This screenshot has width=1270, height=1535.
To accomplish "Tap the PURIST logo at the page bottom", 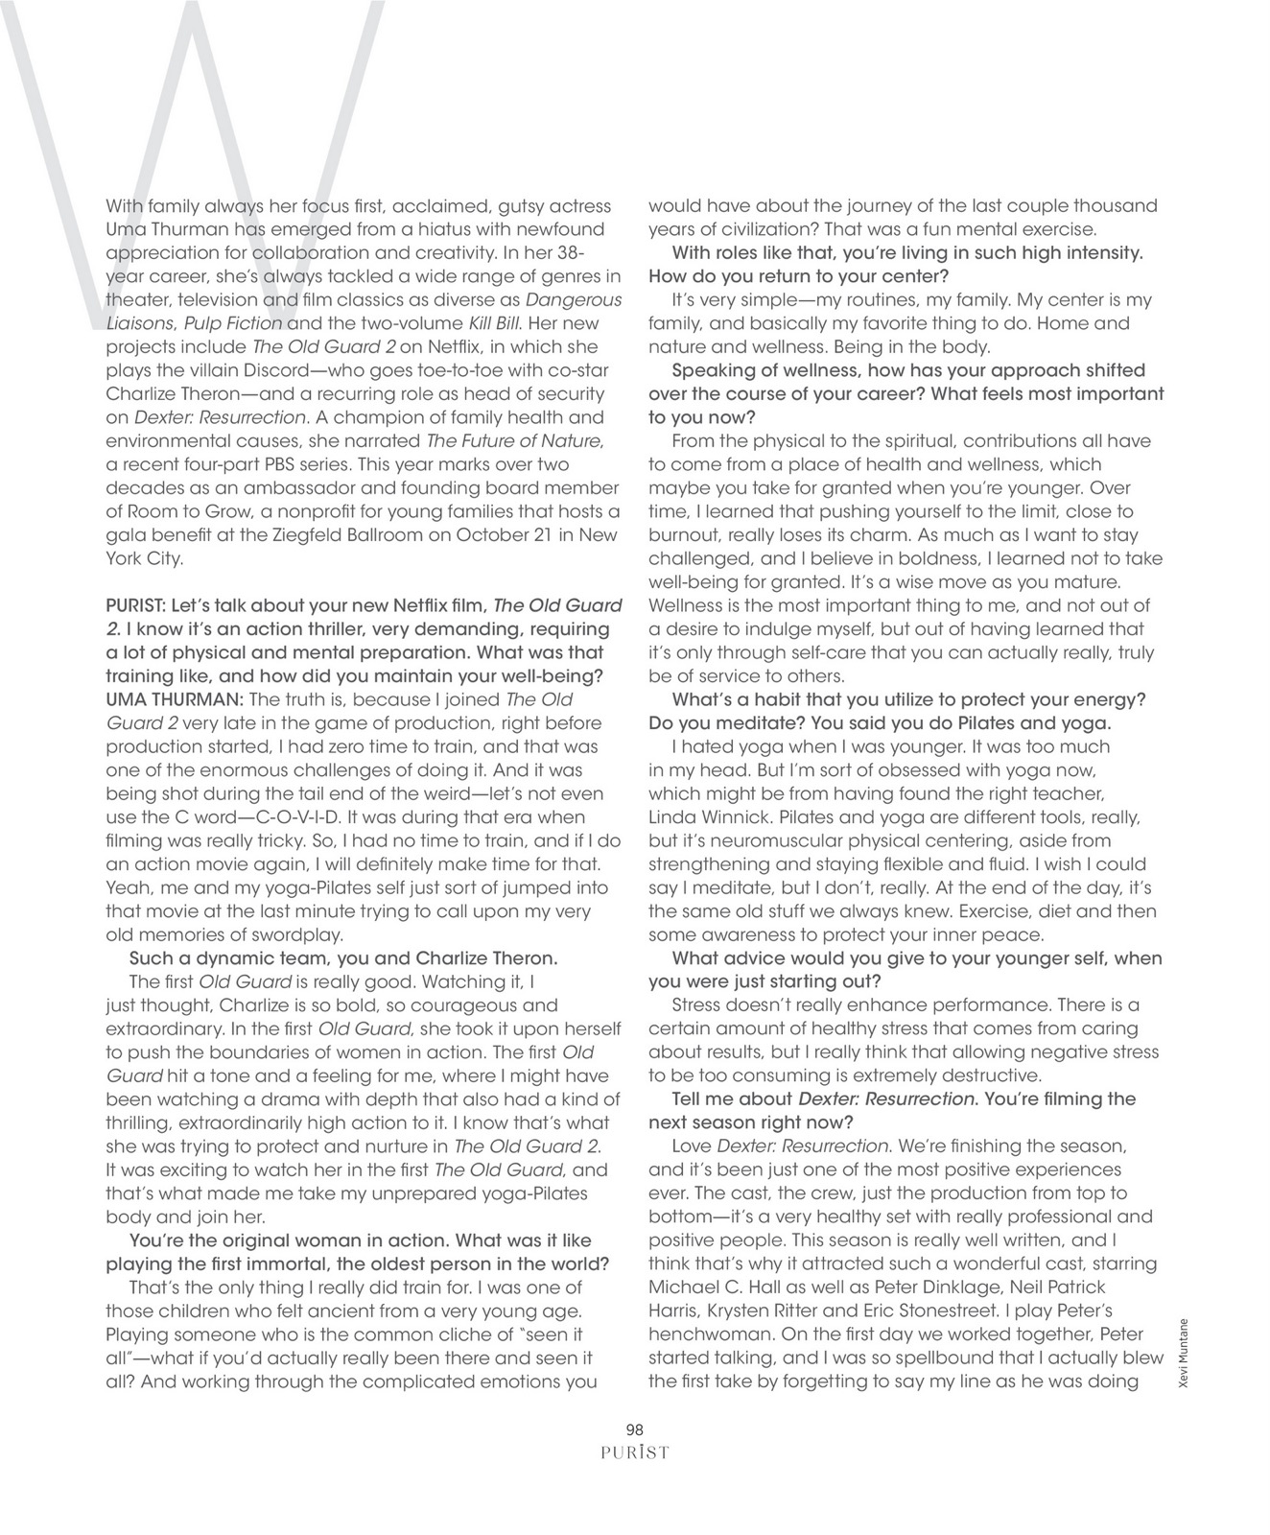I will pyautogui.click(x=634, y=1452).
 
